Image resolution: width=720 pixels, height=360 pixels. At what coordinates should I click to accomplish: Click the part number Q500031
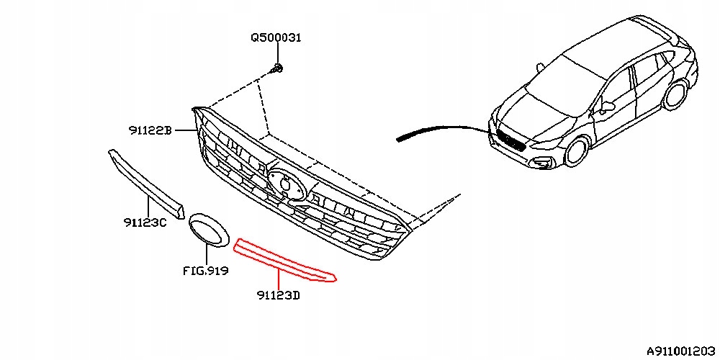pyautogui.click(x=276, y=37)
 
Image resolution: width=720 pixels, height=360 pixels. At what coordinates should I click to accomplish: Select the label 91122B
pyautogui.click(x=150, y=130)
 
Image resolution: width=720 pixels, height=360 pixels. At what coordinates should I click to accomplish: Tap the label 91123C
pyautogui.click(x=144, y=222)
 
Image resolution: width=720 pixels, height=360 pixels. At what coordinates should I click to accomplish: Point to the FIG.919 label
pyautogui.click(x=205, y=271)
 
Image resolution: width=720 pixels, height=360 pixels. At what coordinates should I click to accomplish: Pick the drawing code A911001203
pyautogui.click(x=680, y=351)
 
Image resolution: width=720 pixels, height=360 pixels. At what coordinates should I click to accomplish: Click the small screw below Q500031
pyautogui.click(x=278, y=68)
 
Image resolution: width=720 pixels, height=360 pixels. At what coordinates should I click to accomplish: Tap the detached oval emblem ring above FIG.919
pyautogui.click(x=208, y=230)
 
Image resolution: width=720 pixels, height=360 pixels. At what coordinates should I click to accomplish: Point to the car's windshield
pyautogui.click(x=569, y=84)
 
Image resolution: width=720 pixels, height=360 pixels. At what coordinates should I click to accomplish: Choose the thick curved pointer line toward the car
pyautogui.click(x=439, y=130)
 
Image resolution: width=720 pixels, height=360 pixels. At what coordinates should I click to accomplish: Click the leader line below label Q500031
pyautogui.click(x=276, y=53)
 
